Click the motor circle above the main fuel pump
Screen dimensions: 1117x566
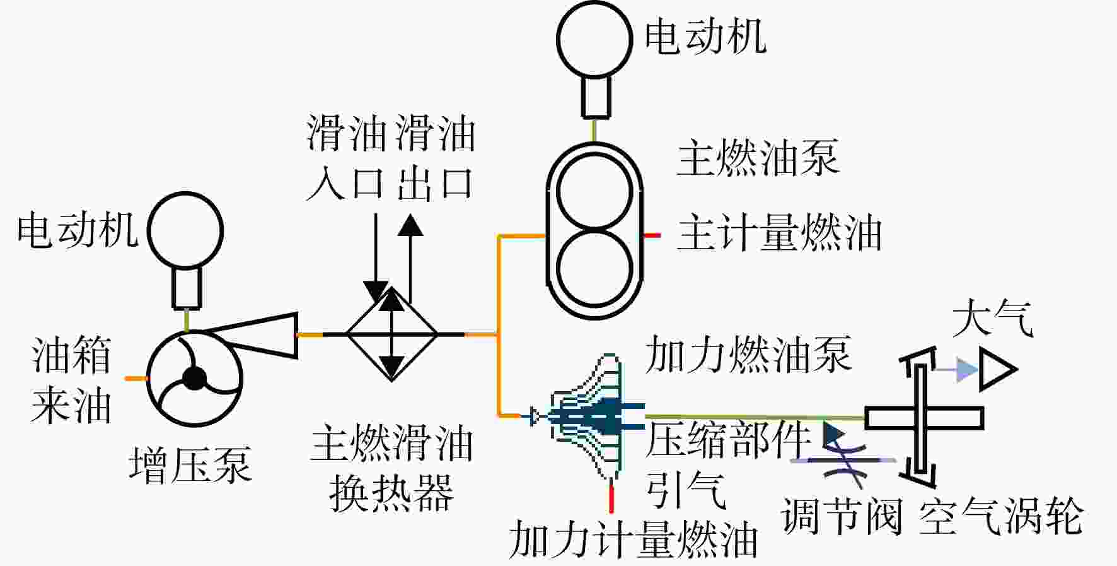click(594, 38)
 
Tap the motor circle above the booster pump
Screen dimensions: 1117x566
click(185, 230)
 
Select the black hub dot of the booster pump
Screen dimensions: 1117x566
click(194, 379)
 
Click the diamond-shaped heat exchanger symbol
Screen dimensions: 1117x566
click(392, 334)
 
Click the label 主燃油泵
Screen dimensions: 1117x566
click(758, 158)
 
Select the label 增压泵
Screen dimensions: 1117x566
click(190, 466)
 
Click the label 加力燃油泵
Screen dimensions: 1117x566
click(748, 354)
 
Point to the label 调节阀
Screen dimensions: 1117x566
click(842, 516)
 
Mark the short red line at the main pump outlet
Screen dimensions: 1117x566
click(651, 235)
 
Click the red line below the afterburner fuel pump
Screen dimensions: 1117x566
click(611, 497)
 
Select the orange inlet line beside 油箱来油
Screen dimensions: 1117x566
click(136, 379)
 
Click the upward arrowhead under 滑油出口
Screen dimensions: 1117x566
click(410, 225)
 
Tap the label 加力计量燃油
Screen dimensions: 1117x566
click(633, 540)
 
